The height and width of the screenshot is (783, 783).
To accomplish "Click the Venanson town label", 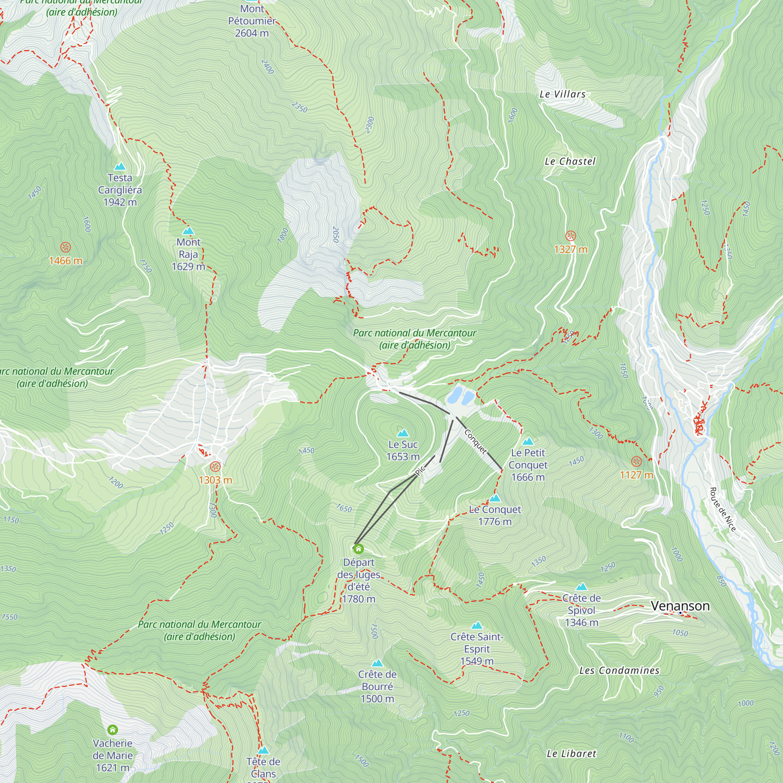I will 680,606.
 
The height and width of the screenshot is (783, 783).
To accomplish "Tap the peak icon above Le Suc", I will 402,433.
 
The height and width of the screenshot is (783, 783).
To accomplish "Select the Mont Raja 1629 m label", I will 188,254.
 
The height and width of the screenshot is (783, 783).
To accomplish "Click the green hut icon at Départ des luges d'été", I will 358,549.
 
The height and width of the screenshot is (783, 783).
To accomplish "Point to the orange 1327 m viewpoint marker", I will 571,235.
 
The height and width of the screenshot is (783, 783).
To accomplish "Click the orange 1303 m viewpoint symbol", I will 215,467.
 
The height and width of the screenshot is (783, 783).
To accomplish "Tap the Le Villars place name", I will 562,94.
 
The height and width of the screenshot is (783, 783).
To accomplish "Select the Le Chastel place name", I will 570,161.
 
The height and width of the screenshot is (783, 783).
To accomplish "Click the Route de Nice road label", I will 722,509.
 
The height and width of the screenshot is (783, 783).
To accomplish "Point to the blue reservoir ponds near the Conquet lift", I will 460,395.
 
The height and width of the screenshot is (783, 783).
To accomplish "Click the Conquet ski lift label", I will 475,441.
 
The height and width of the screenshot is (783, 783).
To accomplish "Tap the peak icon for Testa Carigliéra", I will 119,166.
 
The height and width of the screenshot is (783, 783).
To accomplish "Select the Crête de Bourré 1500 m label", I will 377,686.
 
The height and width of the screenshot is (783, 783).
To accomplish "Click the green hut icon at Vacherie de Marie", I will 113,730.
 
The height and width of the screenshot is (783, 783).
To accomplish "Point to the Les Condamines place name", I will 619,671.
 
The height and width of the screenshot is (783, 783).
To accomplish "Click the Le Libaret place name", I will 571,754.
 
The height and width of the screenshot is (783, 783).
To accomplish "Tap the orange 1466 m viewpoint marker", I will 65,247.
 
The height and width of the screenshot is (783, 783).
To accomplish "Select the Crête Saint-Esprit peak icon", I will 477,626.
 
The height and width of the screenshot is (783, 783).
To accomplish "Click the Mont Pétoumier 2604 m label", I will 252,21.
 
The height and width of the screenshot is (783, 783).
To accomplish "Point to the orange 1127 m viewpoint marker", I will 636,461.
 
